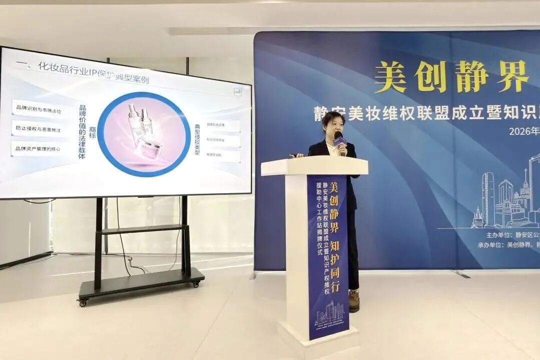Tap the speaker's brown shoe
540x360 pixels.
[x=354, y=300]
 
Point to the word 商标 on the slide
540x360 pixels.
[x=93, y=132]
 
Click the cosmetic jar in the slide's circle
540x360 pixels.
[x=149, y=147]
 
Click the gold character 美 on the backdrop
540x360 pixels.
[x=390, y=77]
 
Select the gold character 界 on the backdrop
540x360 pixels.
[x=512, y=76]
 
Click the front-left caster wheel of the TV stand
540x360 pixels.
[x=82, y=302]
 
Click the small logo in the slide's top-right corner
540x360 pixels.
[x=238, y=92]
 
